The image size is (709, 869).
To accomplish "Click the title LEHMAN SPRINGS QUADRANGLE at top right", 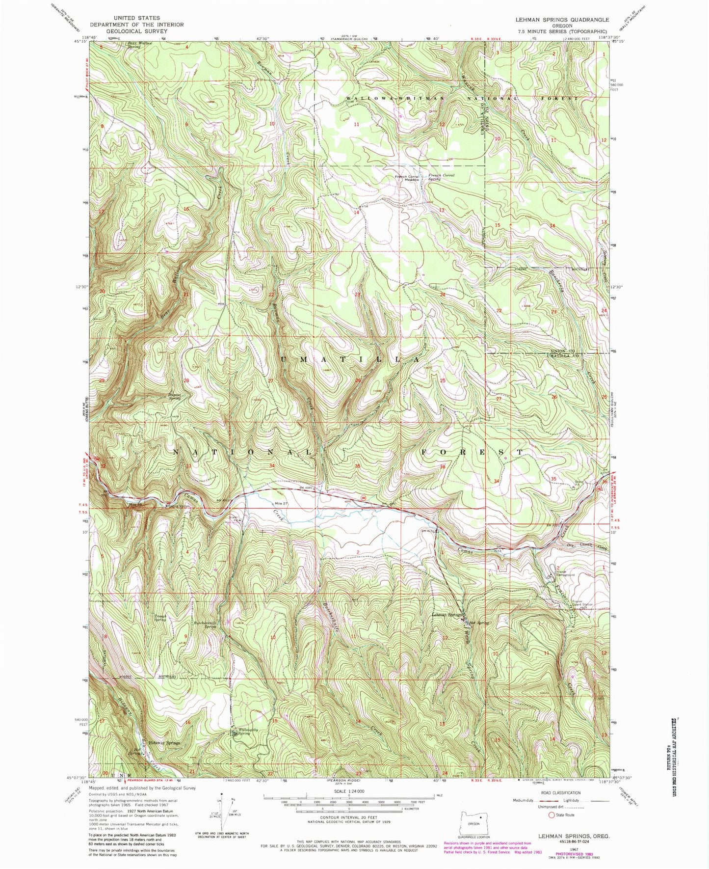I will coord(562,20).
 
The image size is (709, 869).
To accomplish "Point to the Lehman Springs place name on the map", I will coord(445,615).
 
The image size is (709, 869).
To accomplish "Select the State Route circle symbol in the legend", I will coord(552,815).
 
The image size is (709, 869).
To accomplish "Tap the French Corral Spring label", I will coord(441,177).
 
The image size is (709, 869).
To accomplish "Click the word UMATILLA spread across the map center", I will coord(351,359).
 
